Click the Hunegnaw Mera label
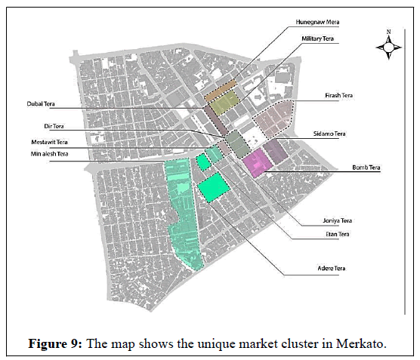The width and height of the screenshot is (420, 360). click(x=317, y=22)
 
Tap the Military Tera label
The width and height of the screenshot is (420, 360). click(x=318, y=38)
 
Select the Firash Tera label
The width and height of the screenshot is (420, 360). click(x=339, y=95)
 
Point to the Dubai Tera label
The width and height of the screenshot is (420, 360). click(x=41, y=104)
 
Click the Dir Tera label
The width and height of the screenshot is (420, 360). click(x=54, y=126)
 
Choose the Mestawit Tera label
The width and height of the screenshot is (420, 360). click(x=49, y=142)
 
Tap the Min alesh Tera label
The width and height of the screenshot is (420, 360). click(x=49, y=154)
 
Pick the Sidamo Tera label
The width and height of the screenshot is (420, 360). click(x=329, y=134)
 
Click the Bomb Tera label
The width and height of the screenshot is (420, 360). click(x=366, y=168)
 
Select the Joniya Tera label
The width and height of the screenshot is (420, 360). click(x=337, y=220)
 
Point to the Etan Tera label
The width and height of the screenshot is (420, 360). click(x=338, y=234)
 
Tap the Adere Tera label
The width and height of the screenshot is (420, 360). click(x=332, y=268)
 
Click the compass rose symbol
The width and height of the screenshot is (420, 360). click(x=389, y=48)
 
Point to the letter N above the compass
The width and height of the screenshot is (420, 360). click(x=389, y=32)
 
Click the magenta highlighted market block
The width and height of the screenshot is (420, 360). click(x=258, y=163)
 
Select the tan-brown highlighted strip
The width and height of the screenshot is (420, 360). click(x=221, y=91)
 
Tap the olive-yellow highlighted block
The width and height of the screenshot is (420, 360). click(x=224, y=103)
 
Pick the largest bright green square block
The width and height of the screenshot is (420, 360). click(x=214, y=187)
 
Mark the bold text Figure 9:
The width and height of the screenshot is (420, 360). click(x=55, y=344)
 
